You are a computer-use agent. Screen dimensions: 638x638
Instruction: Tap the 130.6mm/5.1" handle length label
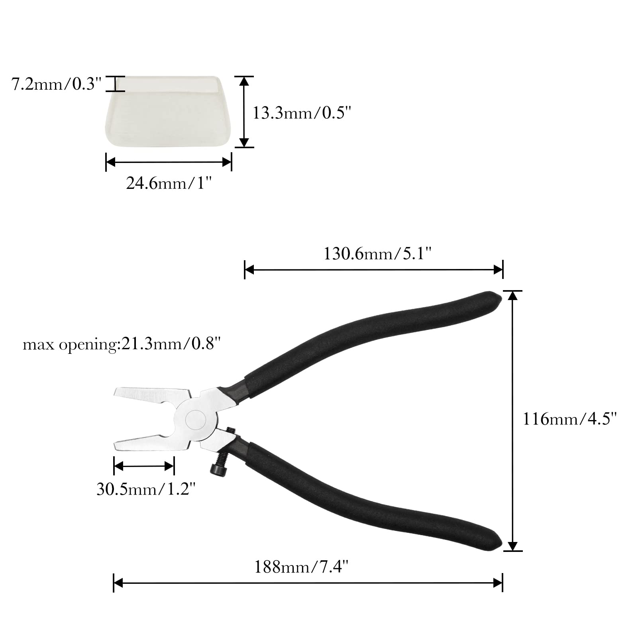377,253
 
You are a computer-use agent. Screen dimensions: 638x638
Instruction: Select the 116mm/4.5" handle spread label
570,419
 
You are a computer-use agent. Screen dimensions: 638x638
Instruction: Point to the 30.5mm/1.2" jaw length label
146,489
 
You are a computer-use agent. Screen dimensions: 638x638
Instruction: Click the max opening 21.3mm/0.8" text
122,344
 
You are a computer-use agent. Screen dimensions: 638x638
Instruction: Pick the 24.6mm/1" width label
169,183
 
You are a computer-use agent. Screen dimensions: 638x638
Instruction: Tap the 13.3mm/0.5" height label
302,113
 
